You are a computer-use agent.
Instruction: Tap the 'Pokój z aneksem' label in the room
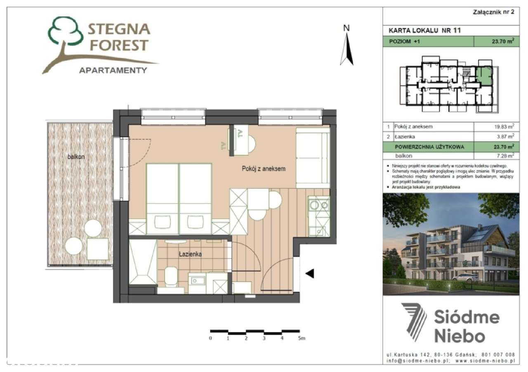(x=264, y=169)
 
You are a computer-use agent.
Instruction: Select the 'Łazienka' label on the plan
(x=190, y=254)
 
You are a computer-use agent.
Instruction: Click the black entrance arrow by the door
(x=309, y=273)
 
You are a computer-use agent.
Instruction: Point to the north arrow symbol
(x=346, y=47)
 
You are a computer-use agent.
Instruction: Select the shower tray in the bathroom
(x=143, y=263)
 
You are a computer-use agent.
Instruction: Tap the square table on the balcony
(x=98, y=249)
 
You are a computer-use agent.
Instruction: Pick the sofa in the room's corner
(x=312, y=157)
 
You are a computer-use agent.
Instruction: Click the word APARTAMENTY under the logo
(x=113, y=70)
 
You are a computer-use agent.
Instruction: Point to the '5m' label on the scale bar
(x=301, y=339)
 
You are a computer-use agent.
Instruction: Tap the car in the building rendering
(x=464, y=278)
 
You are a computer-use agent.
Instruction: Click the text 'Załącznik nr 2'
(x=493, y=12)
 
